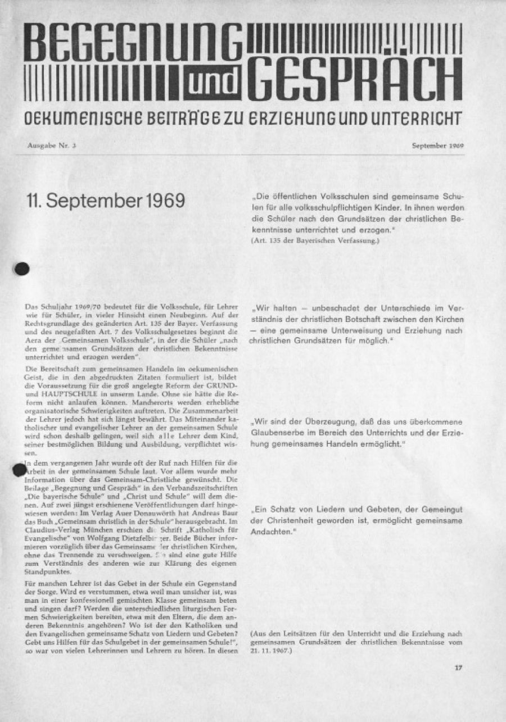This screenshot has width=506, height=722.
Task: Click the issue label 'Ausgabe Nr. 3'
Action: pyautogui.click(x=52, y=145)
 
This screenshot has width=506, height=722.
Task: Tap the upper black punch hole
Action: pyautogui.click(x=22, y=269)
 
